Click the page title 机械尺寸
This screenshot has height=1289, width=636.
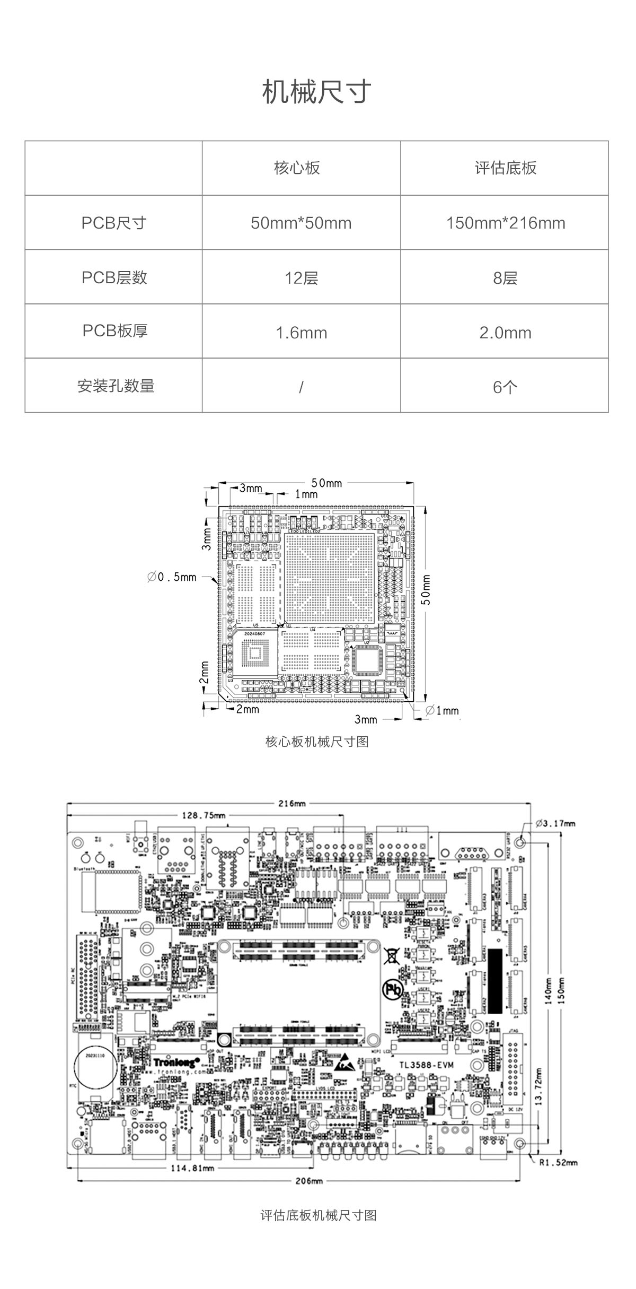(x=317, y=92)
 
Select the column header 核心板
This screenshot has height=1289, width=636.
(x=297, y=168)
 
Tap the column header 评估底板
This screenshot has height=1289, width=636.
(x=505, y=168)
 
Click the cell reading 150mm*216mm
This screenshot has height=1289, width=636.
(x=505, y=223)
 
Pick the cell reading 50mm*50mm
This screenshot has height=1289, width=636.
(x=301, y=223)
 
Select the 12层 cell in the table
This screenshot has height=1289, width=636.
(x=301, y=278)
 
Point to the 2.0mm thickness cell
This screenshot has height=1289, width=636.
(x=505, y=333)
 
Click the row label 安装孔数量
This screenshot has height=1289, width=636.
(x=116, y=386)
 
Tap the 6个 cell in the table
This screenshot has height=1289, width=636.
(x=505, y=387)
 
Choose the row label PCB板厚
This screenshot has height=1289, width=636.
(x=115, y=331)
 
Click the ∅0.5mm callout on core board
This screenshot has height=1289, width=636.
(x=172, y=577)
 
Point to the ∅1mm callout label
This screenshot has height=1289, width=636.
(x=442, y=710)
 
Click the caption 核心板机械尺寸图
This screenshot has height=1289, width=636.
(x=317, y=742)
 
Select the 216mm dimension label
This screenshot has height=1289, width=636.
(x=293, y=803)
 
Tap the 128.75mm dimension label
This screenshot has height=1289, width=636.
(x=204, y=815)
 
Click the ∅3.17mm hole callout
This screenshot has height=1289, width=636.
(x=555, y=823)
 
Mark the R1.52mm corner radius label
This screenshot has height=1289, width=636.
(x=558, y=1163)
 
